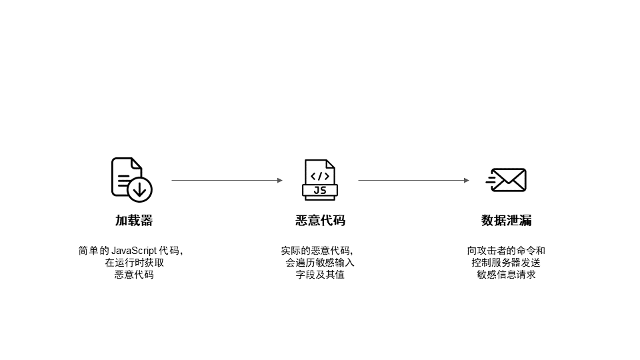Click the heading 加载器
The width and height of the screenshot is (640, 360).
click(x=133, y=221)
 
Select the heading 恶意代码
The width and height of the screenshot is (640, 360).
click(x=320, y=221)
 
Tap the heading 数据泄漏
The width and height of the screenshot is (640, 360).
click(x=506, y=221)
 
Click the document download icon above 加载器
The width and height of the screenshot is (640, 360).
click(x=131, y=179)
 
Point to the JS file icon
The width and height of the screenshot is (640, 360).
click(x=320, y=179)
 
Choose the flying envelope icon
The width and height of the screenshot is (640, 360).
click(x=507, y=180)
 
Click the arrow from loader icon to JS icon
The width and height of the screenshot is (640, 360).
click(x=227, y=180)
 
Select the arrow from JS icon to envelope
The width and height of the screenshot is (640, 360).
click(x=413, y=180)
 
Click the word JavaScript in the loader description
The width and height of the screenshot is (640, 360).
click(x=133, y=251)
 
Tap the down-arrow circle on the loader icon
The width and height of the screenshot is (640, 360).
click(x=139, y=189)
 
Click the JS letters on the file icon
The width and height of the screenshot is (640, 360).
click(x=320, y=191)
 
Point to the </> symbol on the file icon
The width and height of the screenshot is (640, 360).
click(x=320, y=176)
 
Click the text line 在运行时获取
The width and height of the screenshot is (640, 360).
click(x=133, y=263)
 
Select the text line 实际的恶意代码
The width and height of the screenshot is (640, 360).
click(x=316, y=251)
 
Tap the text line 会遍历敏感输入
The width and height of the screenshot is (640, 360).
click(x=320, y=263)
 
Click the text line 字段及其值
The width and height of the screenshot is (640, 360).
click(x=320, y=274)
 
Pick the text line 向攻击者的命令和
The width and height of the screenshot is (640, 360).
click(x=506, y=251)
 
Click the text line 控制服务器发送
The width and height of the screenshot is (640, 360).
click(x=506, y=263)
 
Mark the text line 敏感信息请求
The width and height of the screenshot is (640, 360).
click(x=506, y=274)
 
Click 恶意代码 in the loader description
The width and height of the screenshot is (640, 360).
click(x=133, y=274)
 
